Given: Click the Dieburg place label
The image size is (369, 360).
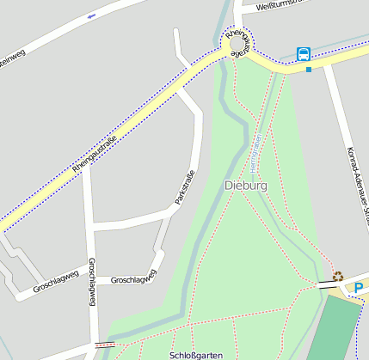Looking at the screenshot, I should [x=245, y=186].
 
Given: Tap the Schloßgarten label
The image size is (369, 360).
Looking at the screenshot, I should [x=197, y=354].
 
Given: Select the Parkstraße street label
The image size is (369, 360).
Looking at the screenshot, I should [x=185, y=187].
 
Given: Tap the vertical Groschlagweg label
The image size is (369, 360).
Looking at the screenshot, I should [x=91, y=282].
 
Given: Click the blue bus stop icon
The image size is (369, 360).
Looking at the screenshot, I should [x=304, y=53].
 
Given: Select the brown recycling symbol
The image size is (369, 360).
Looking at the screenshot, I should [x=338, y=277].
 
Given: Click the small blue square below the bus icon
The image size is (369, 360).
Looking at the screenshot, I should [x=308, y=69].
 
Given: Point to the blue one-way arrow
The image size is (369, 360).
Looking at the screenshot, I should [x=92, y=16].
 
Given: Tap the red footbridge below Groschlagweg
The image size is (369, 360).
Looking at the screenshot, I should [x=105, y=345].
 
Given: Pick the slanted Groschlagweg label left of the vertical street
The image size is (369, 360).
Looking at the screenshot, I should [x=55, y=284].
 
